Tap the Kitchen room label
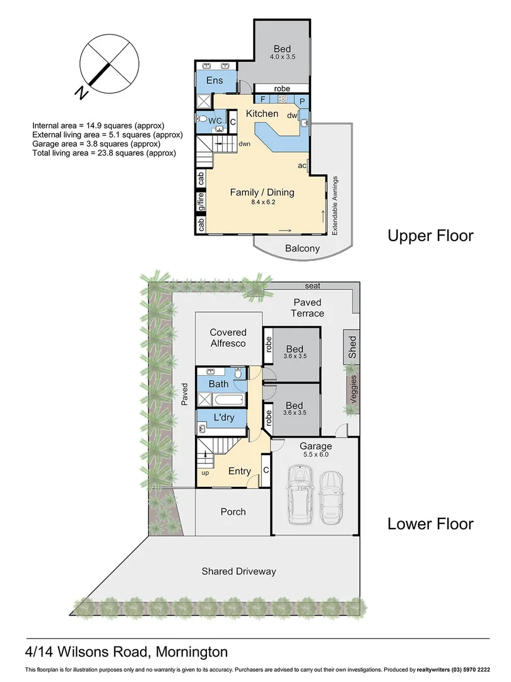pos(262,114)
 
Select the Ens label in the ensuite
pos(215,81)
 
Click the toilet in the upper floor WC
pos(203,119)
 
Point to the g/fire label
pos(201,201)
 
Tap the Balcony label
pos(302,248)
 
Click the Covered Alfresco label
pos(228,337)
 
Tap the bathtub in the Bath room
pos(228,400)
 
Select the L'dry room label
pos(225,418)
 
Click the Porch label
pos(233,512)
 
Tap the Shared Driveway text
pos(238,571)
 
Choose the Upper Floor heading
pos(430,236)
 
